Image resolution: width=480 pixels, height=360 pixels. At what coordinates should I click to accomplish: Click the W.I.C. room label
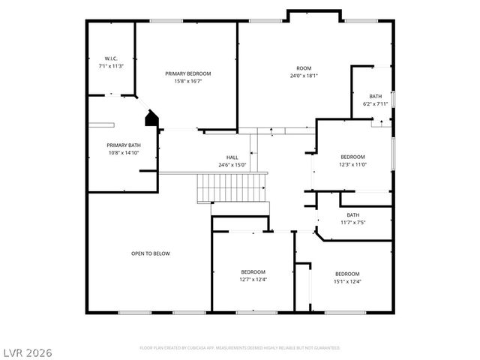click(110, 58)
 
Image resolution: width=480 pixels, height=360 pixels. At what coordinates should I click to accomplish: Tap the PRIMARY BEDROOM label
click(188, 73)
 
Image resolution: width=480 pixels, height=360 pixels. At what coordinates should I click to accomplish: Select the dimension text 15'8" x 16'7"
click(188, 81)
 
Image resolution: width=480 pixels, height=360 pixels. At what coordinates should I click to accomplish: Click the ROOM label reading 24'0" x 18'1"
click(304, 68)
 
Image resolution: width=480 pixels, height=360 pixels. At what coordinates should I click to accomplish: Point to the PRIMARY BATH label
click(124, 145)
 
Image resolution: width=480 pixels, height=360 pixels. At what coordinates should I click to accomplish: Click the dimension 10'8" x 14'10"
click(124, 152)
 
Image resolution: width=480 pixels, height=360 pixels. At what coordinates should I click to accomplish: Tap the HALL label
click(232, 157)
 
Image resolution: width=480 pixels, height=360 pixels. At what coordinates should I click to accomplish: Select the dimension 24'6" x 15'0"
click(232, 165)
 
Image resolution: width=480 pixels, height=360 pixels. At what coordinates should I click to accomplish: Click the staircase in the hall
click(232, 187)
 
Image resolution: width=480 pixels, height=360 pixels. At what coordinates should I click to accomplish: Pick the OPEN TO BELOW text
click(151, 253)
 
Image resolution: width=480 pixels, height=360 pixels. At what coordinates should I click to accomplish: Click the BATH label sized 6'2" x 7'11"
click(375, 97)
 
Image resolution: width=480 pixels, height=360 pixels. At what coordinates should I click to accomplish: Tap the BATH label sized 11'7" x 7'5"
click(352, 215)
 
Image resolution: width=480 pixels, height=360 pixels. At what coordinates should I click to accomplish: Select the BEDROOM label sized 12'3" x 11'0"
click(352, 157)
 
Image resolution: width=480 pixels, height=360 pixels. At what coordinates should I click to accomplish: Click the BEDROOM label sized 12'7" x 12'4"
click(253, 271)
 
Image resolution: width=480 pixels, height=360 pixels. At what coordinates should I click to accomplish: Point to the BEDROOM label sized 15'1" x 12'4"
click(347, 274)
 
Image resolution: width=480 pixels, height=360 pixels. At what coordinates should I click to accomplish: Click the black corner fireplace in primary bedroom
click(152, 118)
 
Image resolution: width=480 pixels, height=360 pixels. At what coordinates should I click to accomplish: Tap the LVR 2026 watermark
click(27, 351)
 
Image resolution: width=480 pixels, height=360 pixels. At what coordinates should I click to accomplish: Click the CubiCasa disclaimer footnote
click(240, 348)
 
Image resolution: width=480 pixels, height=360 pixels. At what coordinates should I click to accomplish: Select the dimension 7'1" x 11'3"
click(110, 66)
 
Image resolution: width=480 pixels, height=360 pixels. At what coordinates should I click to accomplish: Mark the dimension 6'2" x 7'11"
click(375, 104)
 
